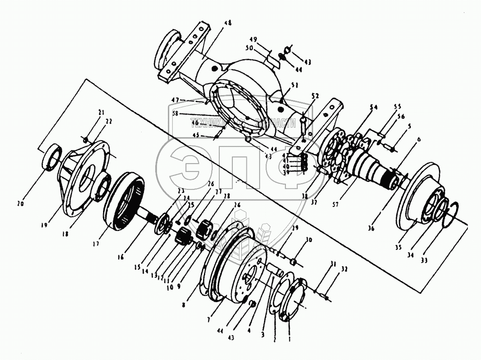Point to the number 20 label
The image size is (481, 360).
click(20, 203)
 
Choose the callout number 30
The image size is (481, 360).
click(310, 240)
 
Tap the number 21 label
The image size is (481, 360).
click(102, 113)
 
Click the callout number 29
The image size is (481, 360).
click(295, 228)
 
